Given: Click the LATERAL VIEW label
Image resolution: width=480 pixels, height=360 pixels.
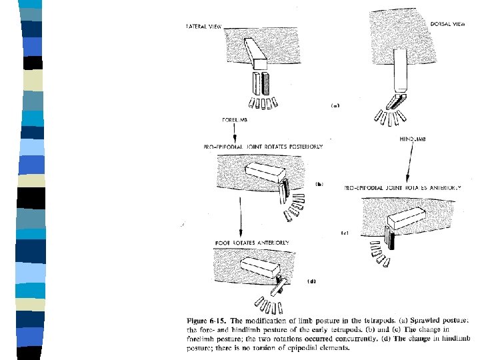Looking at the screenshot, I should (203, 27).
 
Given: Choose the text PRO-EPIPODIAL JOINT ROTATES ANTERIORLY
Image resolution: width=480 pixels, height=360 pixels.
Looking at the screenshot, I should (403, 188).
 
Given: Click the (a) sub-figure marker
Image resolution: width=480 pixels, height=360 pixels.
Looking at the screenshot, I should (335, 105).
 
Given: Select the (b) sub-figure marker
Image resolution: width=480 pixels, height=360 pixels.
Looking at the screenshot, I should (318, 183).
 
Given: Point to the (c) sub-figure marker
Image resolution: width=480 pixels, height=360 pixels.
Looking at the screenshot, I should (345, 233).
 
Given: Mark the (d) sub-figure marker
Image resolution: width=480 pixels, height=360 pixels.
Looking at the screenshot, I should (311, 281).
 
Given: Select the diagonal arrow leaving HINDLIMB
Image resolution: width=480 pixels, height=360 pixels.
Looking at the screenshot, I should (412, 163).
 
